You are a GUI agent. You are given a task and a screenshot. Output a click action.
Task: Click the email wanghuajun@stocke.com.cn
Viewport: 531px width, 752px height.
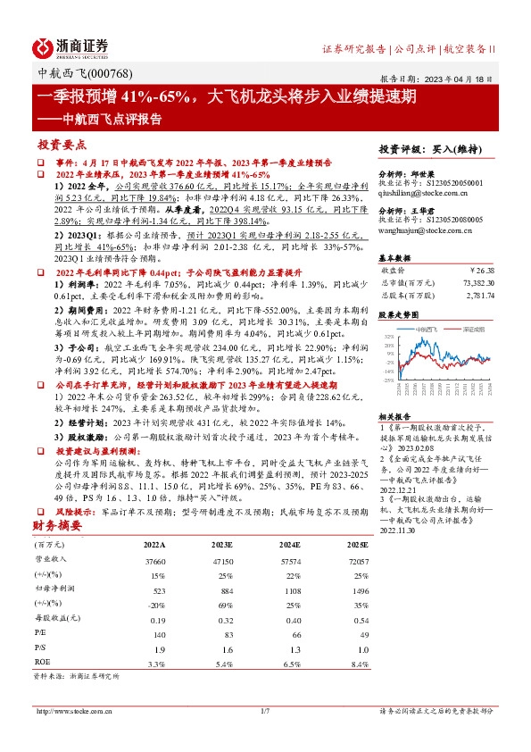427,230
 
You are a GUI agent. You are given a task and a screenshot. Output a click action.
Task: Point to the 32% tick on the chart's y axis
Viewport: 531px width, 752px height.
389,337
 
